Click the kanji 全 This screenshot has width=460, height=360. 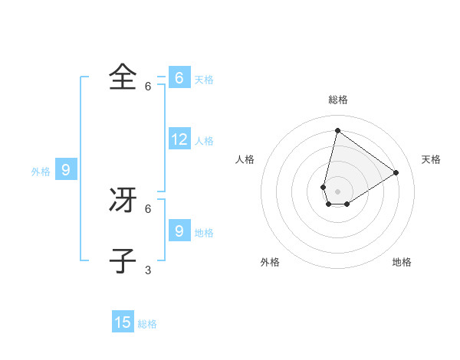tap(123, 77)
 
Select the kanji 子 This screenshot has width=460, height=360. tap(123, 260)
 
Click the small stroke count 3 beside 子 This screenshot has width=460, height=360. tap(148, 270)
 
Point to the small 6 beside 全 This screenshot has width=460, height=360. tap(148, 86)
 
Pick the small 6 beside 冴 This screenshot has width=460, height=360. tap(148, 208)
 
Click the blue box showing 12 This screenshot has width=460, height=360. tap(179, 139)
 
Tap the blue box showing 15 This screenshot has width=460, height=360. tap(123, 322)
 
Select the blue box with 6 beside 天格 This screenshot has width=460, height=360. tap(179, 78)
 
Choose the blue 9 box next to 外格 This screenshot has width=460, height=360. tap(66, 170)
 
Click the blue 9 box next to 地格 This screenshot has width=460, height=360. tap(179, 231)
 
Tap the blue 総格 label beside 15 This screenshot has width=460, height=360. tap(147, 324)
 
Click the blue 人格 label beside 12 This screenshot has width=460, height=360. tap(204, 141)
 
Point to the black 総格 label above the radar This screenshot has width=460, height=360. tap(338, 100)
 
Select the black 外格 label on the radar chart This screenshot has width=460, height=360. tap(270, 262)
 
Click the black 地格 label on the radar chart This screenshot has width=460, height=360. tap(402, 262)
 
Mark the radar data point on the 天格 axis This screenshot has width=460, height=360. tap(396, 172)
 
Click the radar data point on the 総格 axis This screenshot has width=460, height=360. tap(337, 129)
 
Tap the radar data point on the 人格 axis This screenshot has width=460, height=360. tap(324, 187)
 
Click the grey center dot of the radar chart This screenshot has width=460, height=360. tap(337, 191)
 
